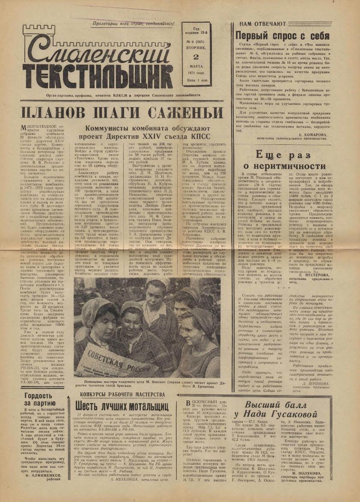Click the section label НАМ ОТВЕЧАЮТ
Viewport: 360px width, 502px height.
pyautogui.click(x=263, y=24)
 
